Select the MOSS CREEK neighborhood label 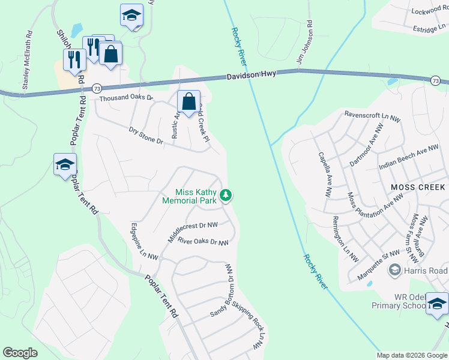418,187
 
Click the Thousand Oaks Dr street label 127,98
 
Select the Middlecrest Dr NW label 192,232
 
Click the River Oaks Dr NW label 203,242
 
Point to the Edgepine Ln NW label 145,242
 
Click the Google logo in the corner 20,352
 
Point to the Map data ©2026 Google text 411,355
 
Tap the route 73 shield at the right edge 435,80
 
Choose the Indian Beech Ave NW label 409,158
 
